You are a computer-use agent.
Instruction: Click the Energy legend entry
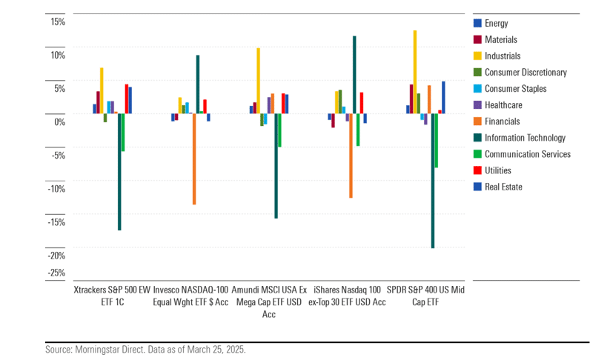click(x=496, y=24)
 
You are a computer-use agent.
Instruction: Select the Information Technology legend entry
click(x=525, y=138)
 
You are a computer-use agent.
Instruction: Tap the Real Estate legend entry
click(x=503, y=187)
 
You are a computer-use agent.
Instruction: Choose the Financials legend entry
click(x=502, y=121)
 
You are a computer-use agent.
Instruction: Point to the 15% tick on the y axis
click(x=36, y=22)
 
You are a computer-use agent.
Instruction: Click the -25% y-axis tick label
click(x=34, y=273)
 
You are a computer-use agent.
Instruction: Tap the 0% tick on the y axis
click(x=39, y=122)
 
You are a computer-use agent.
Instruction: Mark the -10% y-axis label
click(x=34, y=189)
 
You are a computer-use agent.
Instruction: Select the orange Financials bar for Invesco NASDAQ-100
click(x=194, y=159)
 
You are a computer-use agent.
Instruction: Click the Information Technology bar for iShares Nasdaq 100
click(x=354, y=74)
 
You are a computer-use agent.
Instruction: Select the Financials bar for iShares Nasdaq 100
click(x=351, y=156)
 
